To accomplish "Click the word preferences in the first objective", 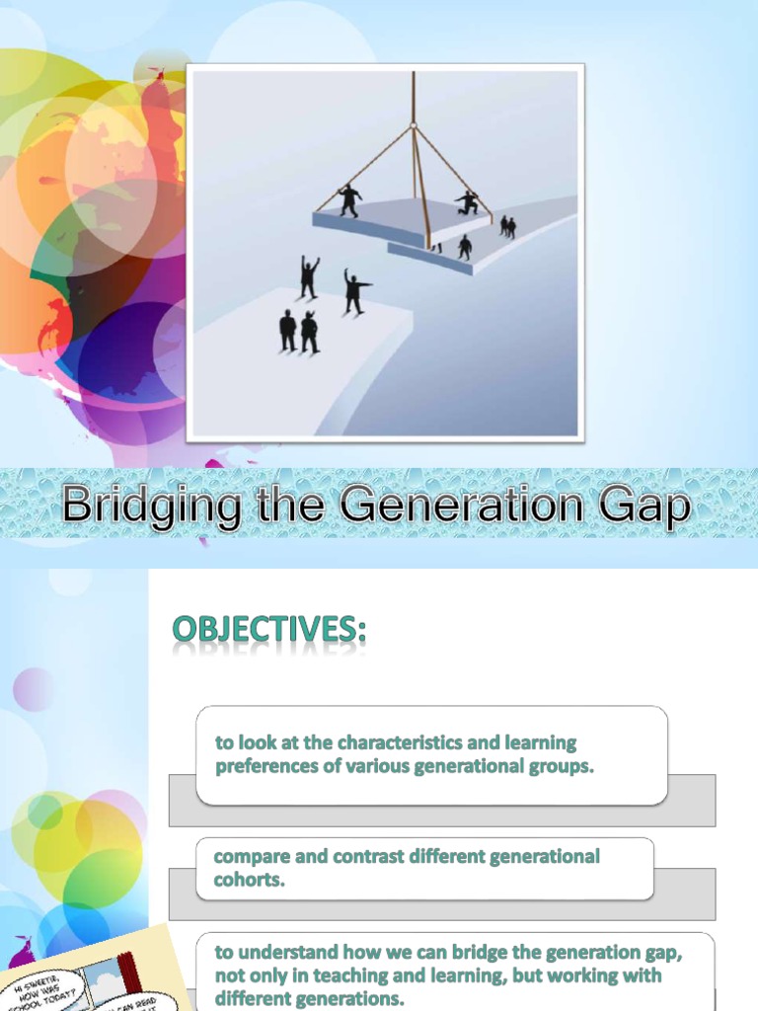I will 266,765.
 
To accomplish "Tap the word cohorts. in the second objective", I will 250,880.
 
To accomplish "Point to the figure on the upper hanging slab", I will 349,199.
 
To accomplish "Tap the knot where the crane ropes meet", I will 414,125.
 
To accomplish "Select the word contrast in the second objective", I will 363,856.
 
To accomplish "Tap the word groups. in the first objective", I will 563,765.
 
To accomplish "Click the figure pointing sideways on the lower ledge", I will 354,291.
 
